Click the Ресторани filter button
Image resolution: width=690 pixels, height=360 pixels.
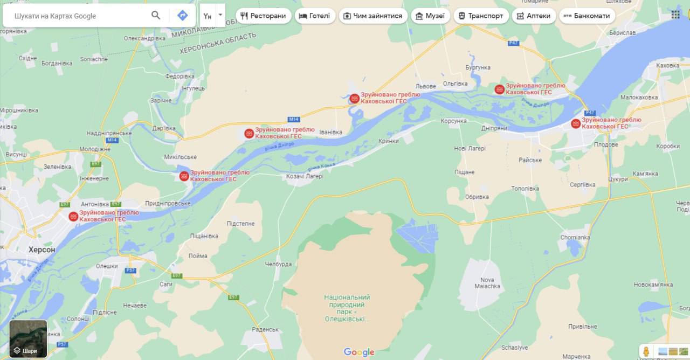pyautogui.click(x=263, y=16)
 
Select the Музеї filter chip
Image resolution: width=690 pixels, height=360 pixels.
pyautogui.click(x=430, y=16)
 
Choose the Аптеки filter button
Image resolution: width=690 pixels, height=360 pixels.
pyautogui.click(x=533, y=16)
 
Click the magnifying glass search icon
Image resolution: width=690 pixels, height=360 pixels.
pyautogui.click(x=156, y=15)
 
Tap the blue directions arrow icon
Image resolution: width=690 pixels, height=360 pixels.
pyautogui.click(x=182, y=15)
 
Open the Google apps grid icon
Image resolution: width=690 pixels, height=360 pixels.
pyautogui.click(x=675, y=15)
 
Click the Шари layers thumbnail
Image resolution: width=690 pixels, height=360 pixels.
pyautogui.click(x=28, y=339)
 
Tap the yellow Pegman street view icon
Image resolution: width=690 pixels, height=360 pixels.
pyautogui.click(x=646, y=351)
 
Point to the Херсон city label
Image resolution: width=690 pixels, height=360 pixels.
pyautogui.click(x=42, y=250)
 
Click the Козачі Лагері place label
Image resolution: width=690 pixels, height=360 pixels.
pyautogui.click(x=305, y=176)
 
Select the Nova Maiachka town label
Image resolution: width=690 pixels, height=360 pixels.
pyautogui.click(x=487, y=283)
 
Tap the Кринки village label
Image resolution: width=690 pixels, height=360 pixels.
pyautogui.click(x=389, y=141)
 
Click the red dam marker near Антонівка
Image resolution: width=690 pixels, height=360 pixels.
pyautogui.click(x=73, y=216)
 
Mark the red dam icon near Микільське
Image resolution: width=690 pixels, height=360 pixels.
pyautogui.click(x=184, y=176)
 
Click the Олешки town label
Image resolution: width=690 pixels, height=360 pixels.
pyautogui.click(x=107, y=266)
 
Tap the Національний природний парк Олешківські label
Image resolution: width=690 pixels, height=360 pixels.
pyautogui.click(x=347, y=308)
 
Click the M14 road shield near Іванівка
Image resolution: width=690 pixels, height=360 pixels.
pyautogui.click(x=294, y=119)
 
